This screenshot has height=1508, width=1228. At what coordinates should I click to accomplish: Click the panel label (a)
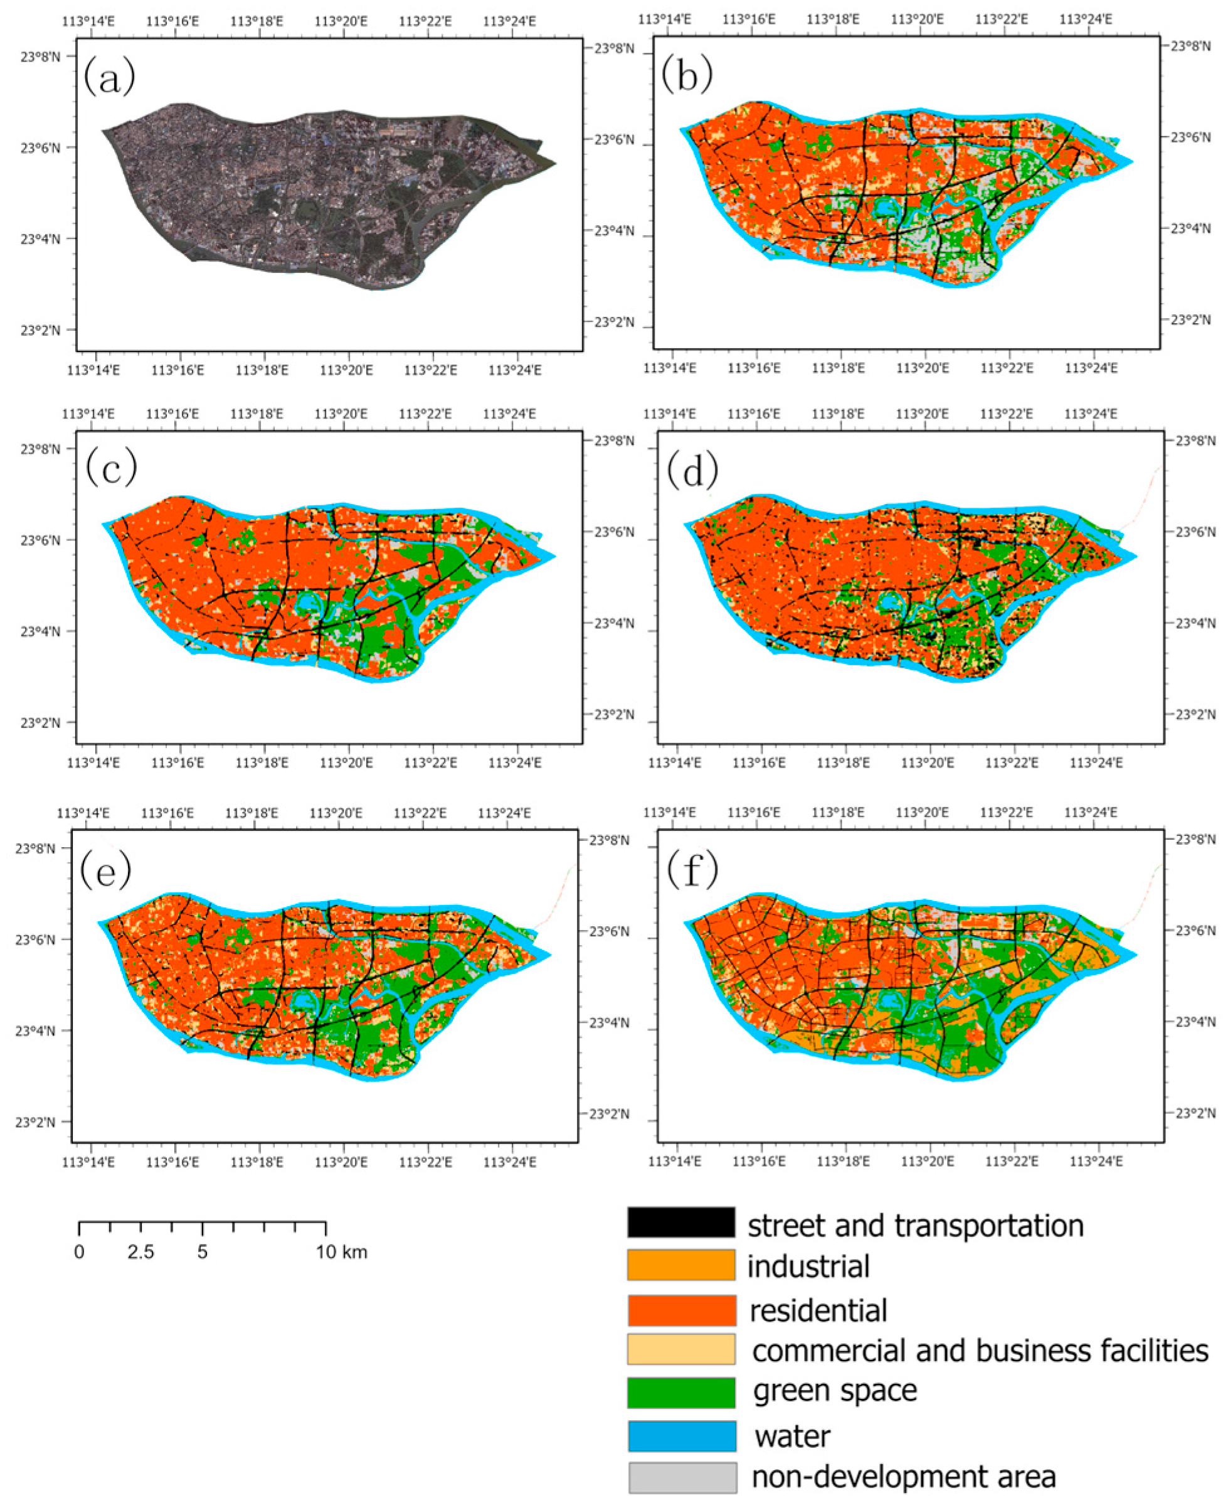109,77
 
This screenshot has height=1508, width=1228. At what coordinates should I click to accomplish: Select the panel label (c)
111,468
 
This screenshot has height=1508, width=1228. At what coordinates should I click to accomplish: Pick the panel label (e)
105,870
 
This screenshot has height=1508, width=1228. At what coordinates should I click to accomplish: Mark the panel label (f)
692,870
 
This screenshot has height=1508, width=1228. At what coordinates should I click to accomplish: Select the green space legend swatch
680,1392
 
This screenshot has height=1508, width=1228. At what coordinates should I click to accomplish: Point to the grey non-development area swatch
682,1478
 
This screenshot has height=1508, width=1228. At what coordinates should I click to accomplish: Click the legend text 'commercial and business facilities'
980,1350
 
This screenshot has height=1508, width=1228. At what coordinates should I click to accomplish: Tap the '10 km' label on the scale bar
341,1253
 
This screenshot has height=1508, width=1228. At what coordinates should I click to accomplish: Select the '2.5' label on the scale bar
140,1253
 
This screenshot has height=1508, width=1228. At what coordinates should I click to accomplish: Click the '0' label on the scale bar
79,1253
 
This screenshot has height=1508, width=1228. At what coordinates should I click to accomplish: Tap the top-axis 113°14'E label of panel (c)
88,414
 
